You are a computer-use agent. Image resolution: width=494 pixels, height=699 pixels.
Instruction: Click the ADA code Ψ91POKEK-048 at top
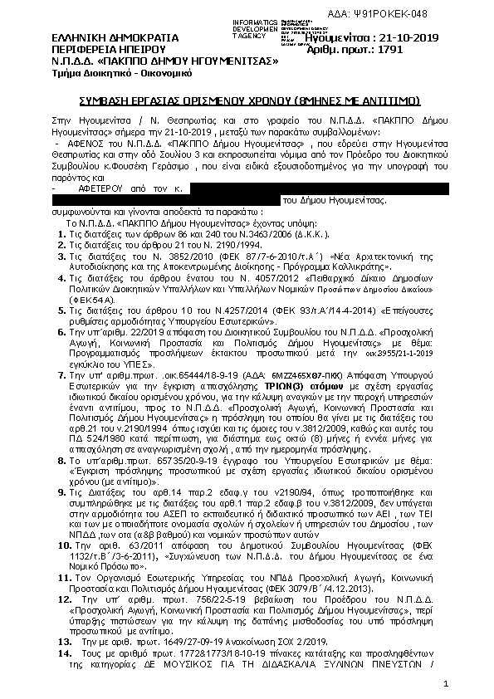448,15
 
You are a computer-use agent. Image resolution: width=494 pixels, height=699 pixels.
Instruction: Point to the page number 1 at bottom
445,684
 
